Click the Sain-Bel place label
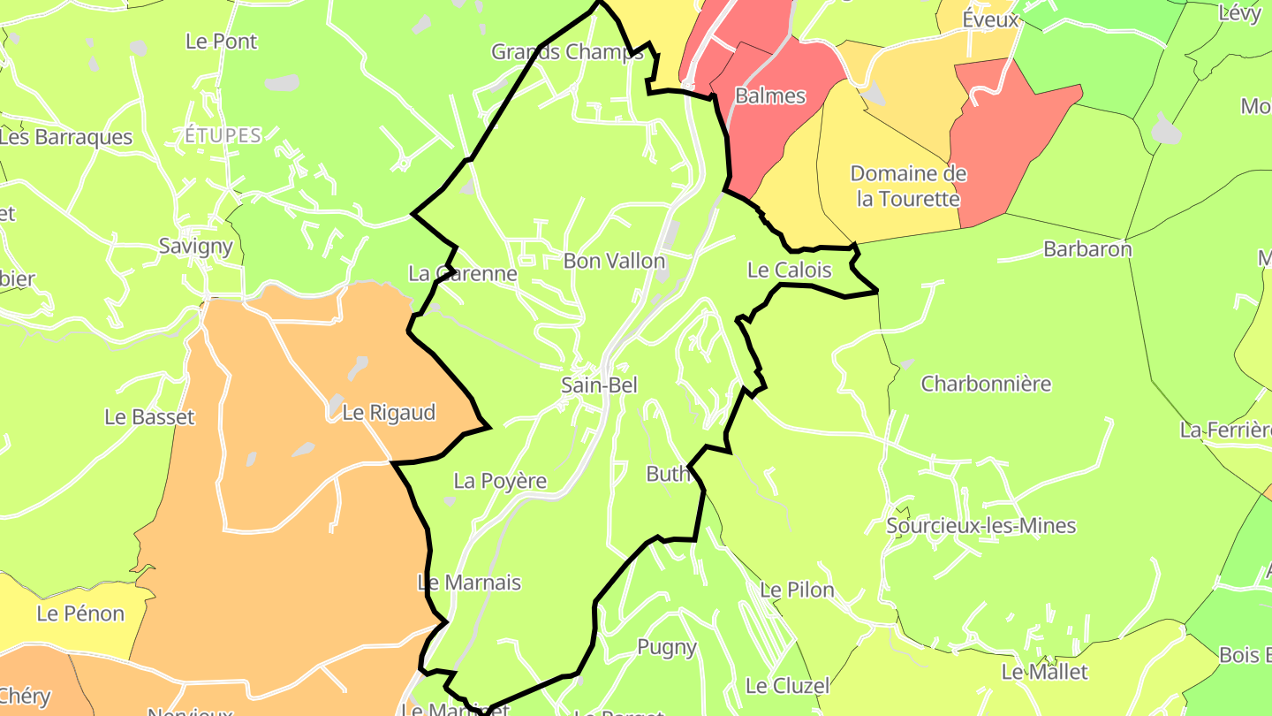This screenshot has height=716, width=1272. tap(599, 385)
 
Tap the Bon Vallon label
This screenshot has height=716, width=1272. tap(614, 261)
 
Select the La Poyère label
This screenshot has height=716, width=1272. tap(500, 481)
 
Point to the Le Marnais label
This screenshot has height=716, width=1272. tap(469, 583)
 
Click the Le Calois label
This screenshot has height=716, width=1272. tap(790, 270)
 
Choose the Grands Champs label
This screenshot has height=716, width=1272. tap(568, 51)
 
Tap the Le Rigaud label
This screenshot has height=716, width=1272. tap(389, 413)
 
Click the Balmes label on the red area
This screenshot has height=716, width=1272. tap(770, 95)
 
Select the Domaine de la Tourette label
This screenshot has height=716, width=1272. tap(908, 186)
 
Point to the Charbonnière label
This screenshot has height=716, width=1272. tap(986, 384)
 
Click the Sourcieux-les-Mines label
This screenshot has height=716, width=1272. tap(980, 526)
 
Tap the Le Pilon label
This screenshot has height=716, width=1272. tap(797, 590)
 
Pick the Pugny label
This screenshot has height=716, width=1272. tap(667, 647)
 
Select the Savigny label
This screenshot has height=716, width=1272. tap(196, 246)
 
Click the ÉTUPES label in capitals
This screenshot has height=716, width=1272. tap(223, 135)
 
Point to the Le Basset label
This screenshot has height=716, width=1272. tap(149, 416)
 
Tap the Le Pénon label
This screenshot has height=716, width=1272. tap(80, 613)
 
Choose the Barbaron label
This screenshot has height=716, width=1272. tap(1087, 248)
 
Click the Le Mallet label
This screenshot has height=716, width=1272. tap(1044, 672)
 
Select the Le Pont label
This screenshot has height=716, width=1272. tap(222, 41)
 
